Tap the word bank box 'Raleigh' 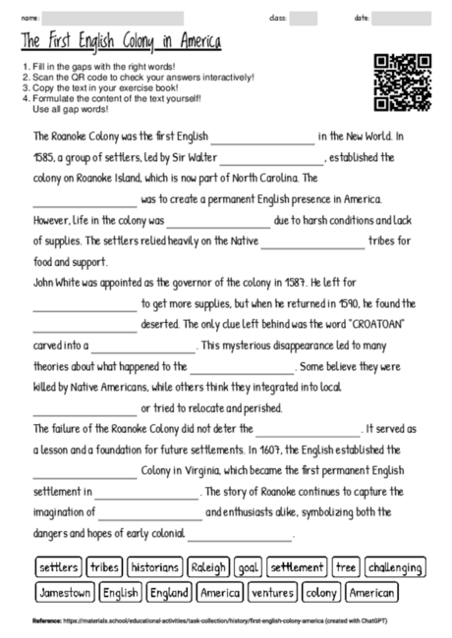208,567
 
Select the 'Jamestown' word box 66,593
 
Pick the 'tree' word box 346,567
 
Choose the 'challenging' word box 395,567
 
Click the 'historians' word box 154,567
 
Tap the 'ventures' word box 272,593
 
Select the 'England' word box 169,593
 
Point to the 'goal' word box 248,567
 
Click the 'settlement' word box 297,567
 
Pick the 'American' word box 372,593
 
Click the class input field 304,18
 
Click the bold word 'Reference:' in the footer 46,621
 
